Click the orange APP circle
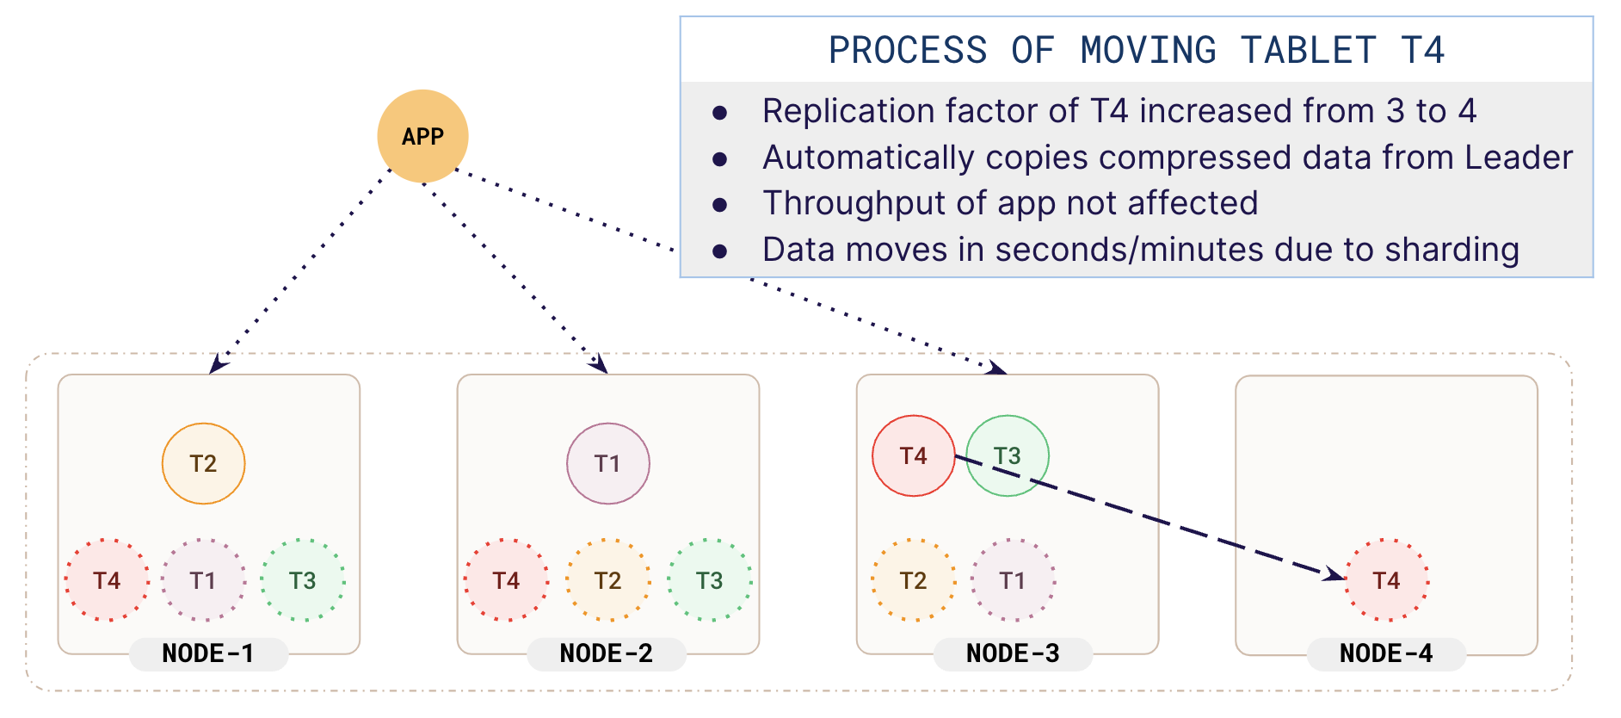point(422,136)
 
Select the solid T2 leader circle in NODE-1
point(203,463)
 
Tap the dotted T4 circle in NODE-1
point(107,580)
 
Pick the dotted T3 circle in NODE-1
point(302,580)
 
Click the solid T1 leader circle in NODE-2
point(607,463)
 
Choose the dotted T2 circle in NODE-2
point(607,580)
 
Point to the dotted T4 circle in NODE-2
point(506,580)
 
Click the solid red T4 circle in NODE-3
point(913,455)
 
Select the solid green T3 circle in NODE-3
point(1008,455)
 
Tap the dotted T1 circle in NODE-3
point(1013,580)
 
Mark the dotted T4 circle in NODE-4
point(1386,580)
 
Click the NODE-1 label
point(208,653)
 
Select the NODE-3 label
point(1013,653)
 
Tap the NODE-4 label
point(1386,653)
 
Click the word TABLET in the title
point(1308,50)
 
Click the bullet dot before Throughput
point(720,205)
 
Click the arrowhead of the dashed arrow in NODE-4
point(1335,574)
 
